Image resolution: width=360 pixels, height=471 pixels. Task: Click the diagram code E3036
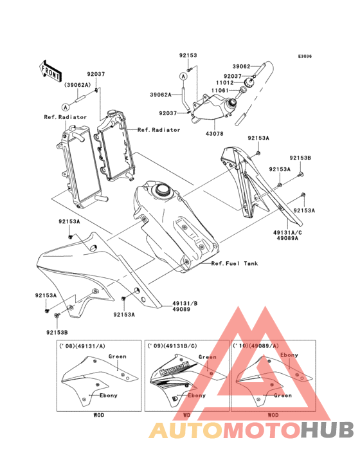(304, 57)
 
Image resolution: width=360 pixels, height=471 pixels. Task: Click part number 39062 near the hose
(240, 66)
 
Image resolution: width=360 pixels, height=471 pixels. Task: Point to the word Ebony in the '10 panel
(289, 355)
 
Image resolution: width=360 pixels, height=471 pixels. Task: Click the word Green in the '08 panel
(118, 356)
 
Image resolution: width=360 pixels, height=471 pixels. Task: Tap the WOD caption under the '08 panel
(98, 416)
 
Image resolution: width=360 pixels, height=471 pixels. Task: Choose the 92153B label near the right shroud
(300, 158)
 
